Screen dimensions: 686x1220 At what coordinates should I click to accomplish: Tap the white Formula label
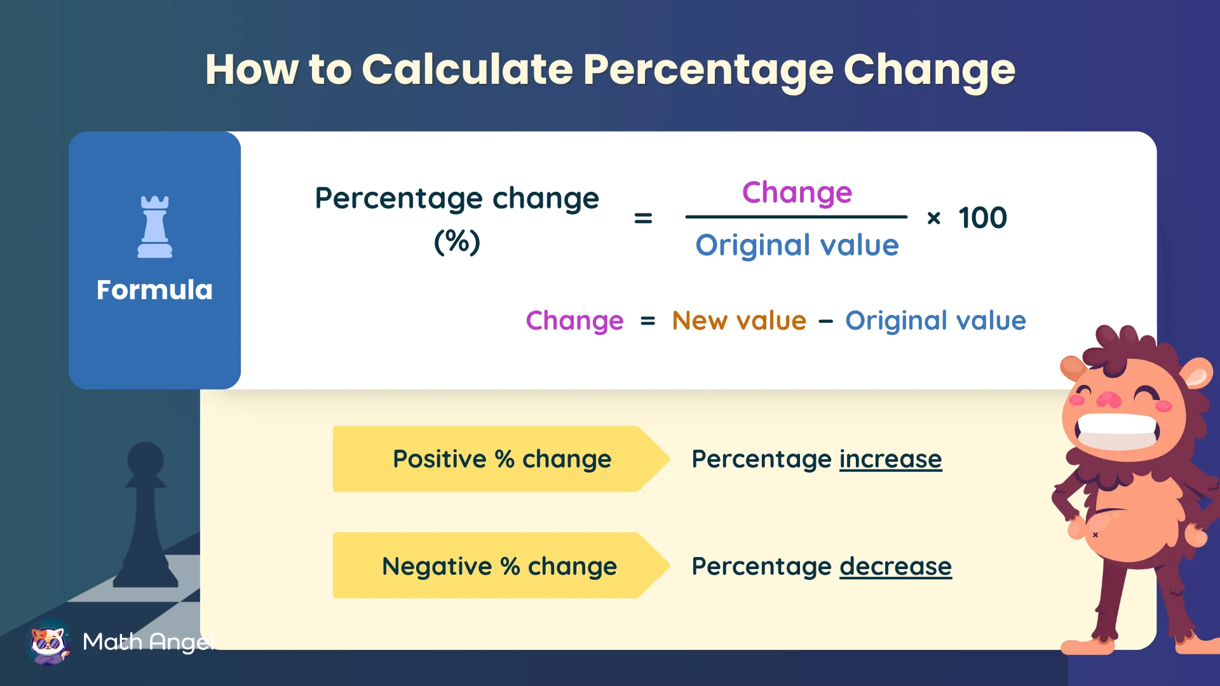click(x=154, y=290)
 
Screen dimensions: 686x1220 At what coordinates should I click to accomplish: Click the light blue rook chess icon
click(x=154, y=227)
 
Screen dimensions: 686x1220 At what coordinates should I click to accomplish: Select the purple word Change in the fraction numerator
click(x=797, y=192)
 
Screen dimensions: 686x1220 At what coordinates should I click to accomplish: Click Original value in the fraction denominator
click(x=797, y=245)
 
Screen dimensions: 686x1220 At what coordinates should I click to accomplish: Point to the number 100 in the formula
click(x=982, y=218)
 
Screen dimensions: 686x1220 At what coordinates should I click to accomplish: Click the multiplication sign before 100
click(x=933, y=219)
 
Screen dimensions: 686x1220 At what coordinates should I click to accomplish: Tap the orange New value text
click(x=739, y=321)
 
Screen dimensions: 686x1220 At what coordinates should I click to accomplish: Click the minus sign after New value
click(x=825, y=322)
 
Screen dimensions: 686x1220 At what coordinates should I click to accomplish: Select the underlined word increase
click(x=890, y=459)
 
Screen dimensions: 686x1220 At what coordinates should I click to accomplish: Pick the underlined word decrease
click(x=895, y=566)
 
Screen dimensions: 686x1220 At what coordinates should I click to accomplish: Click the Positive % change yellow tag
click(x=501, y=459)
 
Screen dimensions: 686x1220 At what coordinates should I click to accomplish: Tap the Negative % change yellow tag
click(x=499, y=566)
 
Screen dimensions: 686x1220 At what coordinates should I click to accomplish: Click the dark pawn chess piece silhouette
click(x=146, y=514)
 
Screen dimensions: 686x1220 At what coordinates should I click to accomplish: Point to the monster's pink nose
click(x=1109, y=400)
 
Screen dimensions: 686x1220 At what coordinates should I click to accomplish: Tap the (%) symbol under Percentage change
click(x=457, y=241)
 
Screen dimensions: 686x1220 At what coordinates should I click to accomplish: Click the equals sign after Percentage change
click(x=643, y=219)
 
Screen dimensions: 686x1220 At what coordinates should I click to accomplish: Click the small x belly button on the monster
click(x=1095, y=535)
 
